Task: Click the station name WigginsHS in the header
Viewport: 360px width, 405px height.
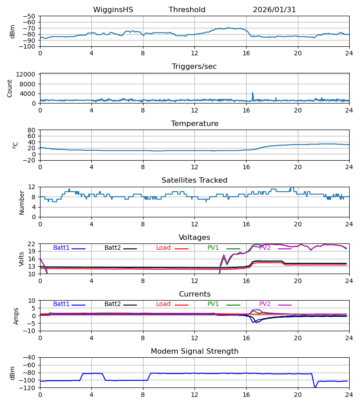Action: click(113, 10)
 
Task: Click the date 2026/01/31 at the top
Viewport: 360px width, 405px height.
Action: click(274, 10)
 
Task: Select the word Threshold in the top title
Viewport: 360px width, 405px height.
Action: click(187, 10)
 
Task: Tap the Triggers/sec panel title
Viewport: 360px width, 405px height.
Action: click(194, 67)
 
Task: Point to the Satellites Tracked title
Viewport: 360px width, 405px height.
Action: click(194, 180)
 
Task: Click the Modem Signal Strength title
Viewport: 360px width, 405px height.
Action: click(194, 351)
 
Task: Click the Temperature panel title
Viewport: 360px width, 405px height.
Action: click(194, 124)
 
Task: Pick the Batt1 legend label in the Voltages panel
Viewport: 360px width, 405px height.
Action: click(62, 248)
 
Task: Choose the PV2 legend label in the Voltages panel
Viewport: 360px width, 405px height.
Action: click(265, 248)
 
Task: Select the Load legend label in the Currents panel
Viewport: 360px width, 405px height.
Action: click(163, 304)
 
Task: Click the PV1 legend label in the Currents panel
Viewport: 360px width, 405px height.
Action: click(213, 304)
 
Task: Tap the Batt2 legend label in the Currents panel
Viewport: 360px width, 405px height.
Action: click(113, 304)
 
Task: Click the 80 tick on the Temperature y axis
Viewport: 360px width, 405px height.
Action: click(32, 130)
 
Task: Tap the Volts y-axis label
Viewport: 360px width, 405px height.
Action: click(22, 259)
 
